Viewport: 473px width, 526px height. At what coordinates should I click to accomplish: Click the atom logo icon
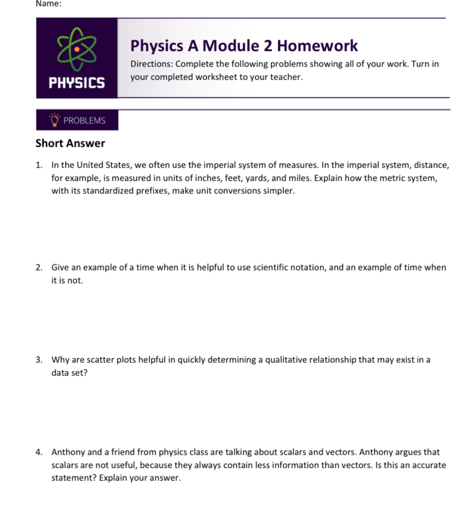77,48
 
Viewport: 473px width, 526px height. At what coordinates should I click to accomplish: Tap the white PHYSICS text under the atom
77,84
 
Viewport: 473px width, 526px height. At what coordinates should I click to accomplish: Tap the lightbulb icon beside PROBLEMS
55,120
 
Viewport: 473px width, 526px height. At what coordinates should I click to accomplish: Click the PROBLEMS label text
84,120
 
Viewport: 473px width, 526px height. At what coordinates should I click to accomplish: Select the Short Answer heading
70,143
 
